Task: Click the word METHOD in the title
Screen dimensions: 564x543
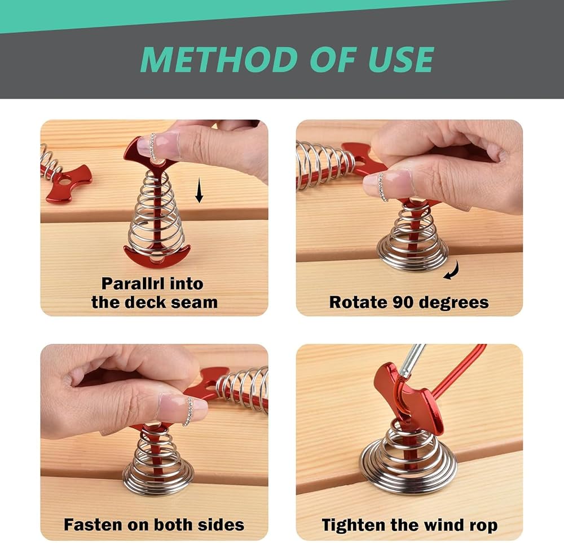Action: [x=214, y=59]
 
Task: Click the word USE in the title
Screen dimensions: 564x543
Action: [x=401, y=59]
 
